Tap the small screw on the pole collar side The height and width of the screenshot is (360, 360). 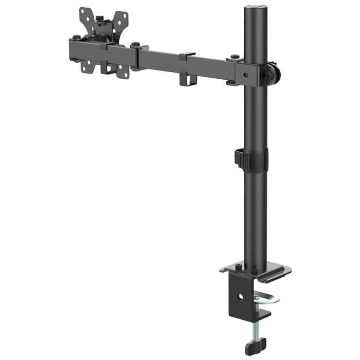coord(246,74)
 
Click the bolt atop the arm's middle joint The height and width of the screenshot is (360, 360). coord(136,45)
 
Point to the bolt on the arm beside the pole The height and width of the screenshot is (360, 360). coord(235,57)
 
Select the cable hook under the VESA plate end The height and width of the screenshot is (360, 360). coord(109,68)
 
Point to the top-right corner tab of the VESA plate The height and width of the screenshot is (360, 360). coord(122,17)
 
